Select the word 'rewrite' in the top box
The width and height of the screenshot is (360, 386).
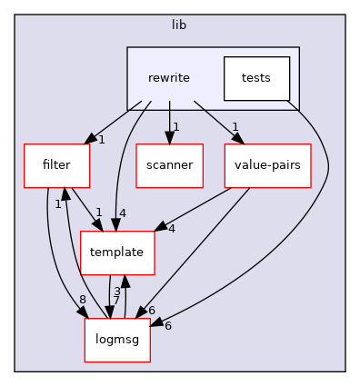pyautogui.click(x=169, y=78)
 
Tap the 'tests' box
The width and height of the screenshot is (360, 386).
pyautogui.click(x=256, y=78)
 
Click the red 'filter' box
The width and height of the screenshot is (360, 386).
pyautogui.click(x=56, y=165)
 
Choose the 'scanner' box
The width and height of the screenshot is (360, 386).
pyautogui.click(x=169, y=165)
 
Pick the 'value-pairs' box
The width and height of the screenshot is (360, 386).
pyautogui.click(x=268, y=165)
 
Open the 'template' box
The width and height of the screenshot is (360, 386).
pyautogui.click(x=117, y=252)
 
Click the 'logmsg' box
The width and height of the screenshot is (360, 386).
pyautogui.click(x=117, y=340)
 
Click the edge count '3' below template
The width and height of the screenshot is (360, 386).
pyautogui.click(x=116, y=291)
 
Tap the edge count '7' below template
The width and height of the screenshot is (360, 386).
pyautogui.click(x=116, y=301)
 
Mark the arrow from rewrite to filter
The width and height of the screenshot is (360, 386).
pyautogui.click(x=114, y=121)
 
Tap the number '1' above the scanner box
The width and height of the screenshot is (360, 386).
pyautogui.click(x=175, y=127)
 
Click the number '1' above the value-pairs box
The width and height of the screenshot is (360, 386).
pyautogui.click(x=235, y=127)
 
